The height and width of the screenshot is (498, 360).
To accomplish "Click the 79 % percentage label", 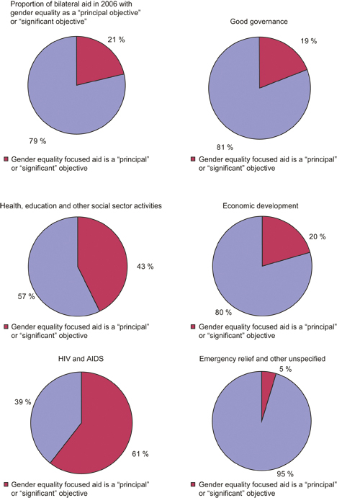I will click(37, 140).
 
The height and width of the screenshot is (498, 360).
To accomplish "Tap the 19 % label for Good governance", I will click(310, 42).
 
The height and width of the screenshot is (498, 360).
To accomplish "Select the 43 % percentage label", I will click(143, 266).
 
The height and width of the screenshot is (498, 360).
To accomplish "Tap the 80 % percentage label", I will click(222, 312).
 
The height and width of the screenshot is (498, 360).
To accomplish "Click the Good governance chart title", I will click(260, 22).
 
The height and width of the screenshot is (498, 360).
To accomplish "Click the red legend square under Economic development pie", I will click(193, 327).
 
